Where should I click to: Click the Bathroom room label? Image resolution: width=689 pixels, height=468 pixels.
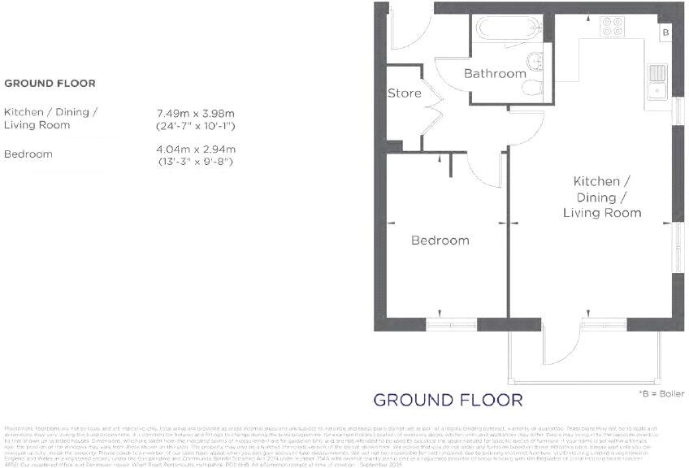point(495,74)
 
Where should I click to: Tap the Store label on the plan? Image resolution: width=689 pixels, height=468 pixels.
point(404,93)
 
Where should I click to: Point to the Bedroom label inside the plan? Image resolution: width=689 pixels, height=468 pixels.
point(440,240)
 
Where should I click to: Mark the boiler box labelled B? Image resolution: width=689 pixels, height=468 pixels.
point(665,32)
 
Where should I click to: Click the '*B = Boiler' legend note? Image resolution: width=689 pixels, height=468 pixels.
point(656,394)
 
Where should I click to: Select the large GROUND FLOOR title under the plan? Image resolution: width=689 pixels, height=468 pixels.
point(448,400)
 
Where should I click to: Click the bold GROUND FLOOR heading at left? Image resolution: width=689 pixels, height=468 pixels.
point(50,83)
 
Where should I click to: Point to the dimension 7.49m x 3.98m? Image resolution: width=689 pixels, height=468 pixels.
point(196,112)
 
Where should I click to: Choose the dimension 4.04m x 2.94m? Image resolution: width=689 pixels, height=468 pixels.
point(196,149)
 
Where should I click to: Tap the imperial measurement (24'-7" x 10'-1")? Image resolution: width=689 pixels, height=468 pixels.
point(196,126)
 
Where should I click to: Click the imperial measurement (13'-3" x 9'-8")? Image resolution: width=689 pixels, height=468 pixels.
point(196,162)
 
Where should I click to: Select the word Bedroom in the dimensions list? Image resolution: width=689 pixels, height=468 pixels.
point(28,154)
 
